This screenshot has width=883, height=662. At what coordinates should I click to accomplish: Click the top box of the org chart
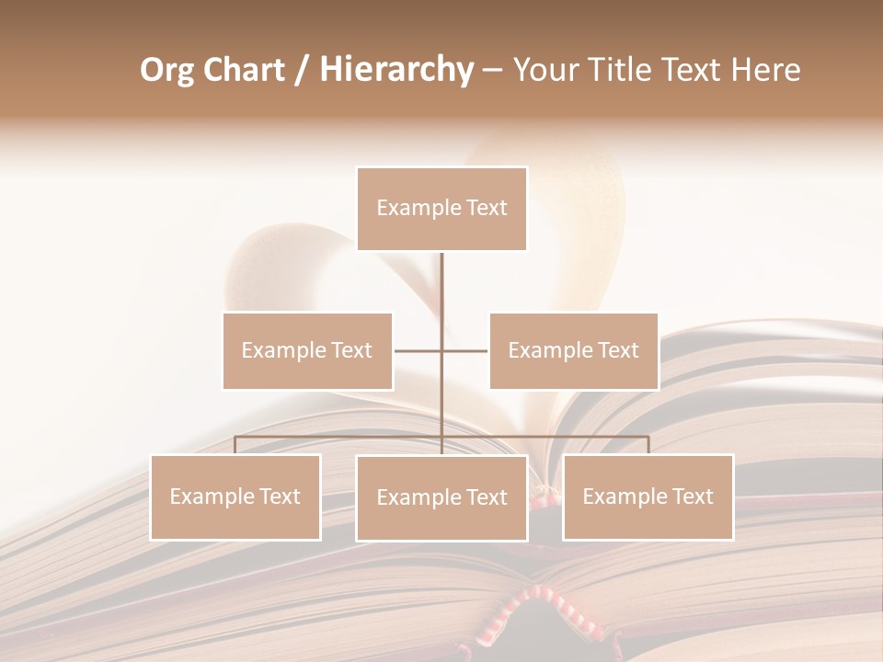[x=441, y=209]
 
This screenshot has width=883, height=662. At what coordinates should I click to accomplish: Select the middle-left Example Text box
[x=307, y=350]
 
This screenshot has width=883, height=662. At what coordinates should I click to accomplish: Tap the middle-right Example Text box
[x=573, y=350]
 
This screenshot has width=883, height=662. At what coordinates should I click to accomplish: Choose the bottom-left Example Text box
[x=235, y=496]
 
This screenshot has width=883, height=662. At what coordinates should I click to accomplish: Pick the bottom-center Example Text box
[x=441, y=497]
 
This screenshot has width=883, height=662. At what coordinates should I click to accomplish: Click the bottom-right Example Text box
[x=648, y=496]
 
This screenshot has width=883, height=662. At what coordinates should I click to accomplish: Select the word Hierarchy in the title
[x=396, y=70]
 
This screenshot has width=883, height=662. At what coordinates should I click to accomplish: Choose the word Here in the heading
[x=765, y=70]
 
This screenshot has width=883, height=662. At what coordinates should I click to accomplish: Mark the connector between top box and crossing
[x=441, y=299]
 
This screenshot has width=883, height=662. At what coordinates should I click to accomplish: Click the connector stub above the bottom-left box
[x=235, y=445]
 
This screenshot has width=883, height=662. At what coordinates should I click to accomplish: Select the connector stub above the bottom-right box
[x=648, y=445]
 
